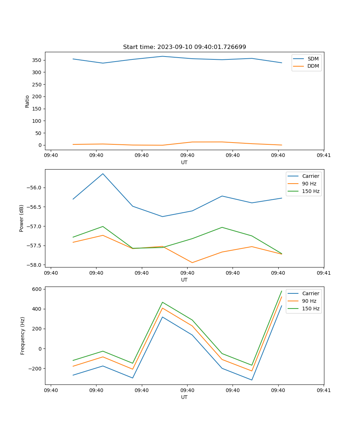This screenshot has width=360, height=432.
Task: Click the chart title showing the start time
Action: (184, 47)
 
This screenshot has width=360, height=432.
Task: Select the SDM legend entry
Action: (313, 59)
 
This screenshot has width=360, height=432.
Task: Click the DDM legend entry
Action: (313, 66)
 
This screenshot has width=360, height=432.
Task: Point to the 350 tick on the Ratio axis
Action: (37, 60)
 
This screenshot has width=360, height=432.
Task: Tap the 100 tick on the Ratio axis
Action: (37, 121)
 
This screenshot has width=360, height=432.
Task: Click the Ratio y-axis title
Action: (27, 101)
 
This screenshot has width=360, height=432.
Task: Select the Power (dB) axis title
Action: (22, 218)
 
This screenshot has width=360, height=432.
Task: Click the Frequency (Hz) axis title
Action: (23, 336)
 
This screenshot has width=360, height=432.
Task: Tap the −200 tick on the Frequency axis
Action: (36, 369)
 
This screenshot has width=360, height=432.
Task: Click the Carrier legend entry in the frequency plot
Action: (310, 293)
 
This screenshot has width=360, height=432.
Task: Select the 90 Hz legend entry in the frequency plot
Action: (309, 301)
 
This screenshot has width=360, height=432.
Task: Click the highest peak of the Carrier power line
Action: (103, 174)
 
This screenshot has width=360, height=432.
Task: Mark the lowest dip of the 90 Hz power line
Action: (192, 262)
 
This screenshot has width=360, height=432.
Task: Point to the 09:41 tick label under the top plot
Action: (324, 156)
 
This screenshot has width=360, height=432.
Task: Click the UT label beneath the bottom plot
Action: (184, 397)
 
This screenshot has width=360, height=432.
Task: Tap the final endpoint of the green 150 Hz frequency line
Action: (282, 291)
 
